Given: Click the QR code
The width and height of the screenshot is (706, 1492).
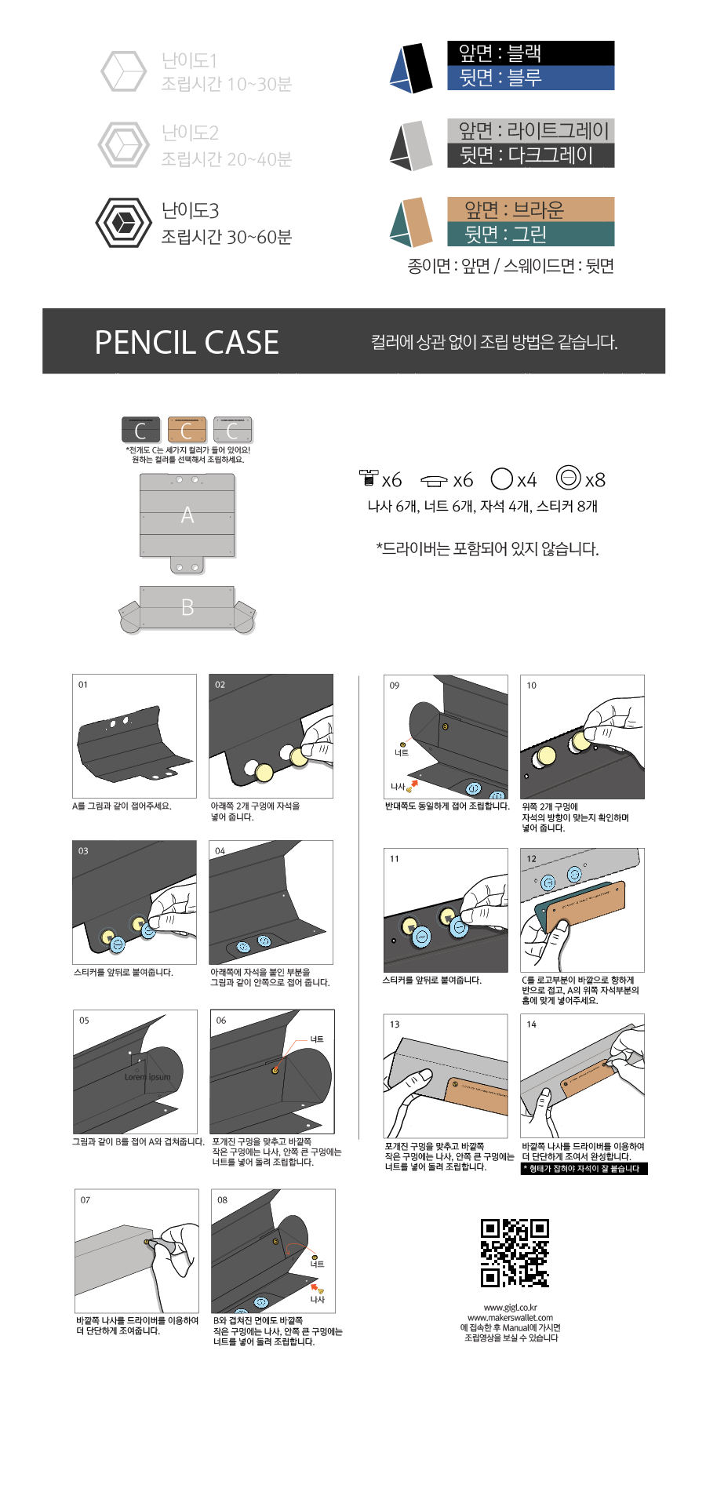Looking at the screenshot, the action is tap(515, 1253).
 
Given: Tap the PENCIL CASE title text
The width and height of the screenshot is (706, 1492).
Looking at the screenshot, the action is tap(187, 342).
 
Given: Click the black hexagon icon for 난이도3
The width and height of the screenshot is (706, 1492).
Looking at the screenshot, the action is tap(123, 223).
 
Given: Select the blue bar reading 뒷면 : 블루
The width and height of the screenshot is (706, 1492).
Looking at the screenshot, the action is tap(530, 78).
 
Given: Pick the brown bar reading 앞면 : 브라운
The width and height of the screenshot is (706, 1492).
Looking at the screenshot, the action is tap(530, 209).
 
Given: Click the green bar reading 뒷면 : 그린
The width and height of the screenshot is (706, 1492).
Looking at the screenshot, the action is tap(530, 235).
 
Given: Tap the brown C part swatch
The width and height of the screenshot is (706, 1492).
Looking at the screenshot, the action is tap(187, 430).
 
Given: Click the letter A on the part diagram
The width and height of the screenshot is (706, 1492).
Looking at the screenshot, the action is tap(187, 515).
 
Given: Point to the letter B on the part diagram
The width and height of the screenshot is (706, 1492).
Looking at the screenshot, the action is tap(187, 607).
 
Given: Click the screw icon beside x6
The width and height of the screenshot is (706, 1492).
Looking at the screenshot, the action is tap(368, 478).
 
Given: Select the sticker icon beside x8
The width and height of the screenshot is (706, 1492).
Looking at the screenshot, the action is tap(568, 478).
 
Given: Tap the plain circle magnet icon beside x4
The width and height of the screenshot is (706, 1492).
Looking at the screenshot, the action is tap(501, 479).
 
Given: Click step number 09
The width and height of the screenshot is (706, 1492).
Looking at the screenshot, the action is tap(395, 686).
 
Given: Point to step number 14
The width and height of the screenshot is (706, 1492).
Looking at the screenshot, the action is tap(532, 1024).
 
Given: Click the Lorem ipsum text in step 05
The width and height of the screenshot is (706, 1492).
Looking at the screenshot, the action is tap(147, 1077).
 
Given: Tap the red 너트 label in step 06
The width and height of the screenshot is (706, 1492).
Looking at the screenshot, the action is tap(317, 1039).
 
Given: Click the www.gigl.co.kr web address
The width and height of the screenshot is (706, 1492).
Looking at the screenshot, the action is tap(510, 1308).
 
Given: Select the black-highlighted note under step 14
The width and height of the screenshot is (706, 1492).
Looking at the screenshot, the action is tap(584, 1169).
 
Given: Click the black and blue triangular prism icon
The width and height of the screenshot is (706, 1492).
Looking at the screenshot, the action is tap(412, 67).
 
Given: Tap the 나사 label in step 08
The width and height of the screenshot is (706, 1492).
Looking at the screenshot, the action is tap(317, 1300).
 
